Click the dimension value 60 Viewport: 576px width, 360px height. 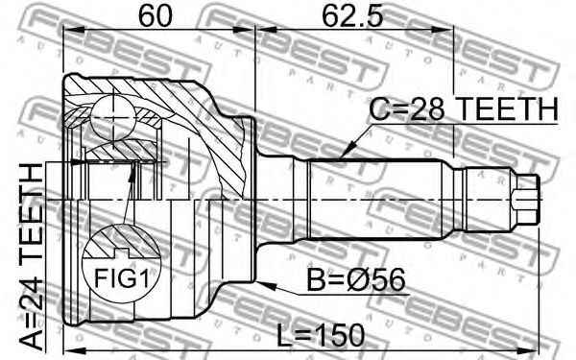pos(156,15)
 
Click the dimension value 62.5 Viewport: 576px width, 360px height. pos(352,15)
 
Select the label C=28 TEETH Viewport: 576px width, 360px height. pos(464,109)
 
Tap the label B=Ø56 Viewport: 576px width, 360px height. pos(356,280)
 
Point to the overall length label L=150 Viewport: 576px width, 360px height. pos(320,336)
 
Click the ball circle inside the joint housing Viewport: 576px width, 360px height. pos(113,117)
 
